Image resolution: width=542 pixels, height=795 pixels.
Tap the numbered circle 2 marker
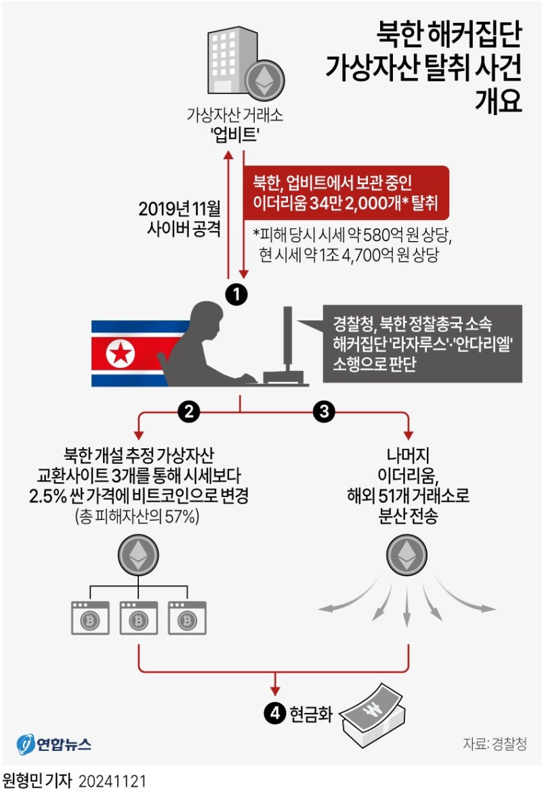click(x=188, y=410)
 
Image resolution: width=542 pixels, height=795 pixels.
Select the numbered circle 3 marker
click(x=324, y=410)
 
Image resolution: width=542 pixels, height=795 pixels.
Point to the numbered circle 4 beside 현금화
click(x=274, y=714)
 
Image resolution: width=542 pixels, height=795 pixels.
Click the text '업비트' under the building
click(x=235, y=135)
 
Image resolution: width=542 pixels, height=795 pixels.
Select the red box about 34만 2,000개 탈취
click(x=346, y=192)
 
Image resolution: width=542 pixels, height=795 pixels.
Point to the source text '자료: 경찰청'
click(x=494, y=744)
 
